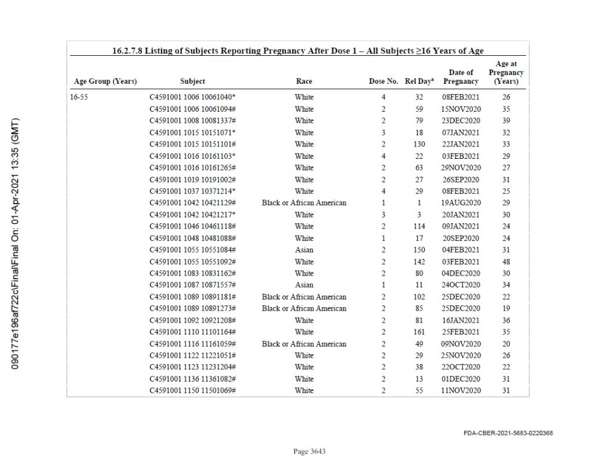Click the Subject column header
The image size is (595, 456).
pos(192,81)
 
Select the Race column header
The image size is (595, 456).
pos(304,81)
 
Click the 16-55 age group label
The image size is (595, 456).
pos(80,97)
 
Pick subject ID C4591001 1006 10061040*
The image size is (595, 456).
pos(192,97)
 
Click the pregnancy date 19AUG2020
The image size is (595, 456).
pos(461,203)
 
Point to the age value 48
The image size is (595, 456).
pos(506,262)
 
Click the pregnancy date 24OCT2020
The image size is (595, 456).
pos(461,285)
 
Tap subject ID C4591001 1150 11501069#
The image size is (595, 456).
pos(192,391)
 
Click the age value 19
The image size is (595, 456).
pos(506,309)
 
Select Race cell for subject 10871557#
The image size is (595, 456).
pos(304,285)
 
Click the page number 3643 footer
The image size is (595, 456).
pos(310,451)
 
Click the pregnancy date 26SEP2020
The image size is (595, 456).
pos(461,180)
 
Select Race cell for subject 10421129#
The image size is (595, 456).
pos(304,203)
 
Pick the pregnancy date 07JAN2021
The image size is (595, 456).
pos(461,133)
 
